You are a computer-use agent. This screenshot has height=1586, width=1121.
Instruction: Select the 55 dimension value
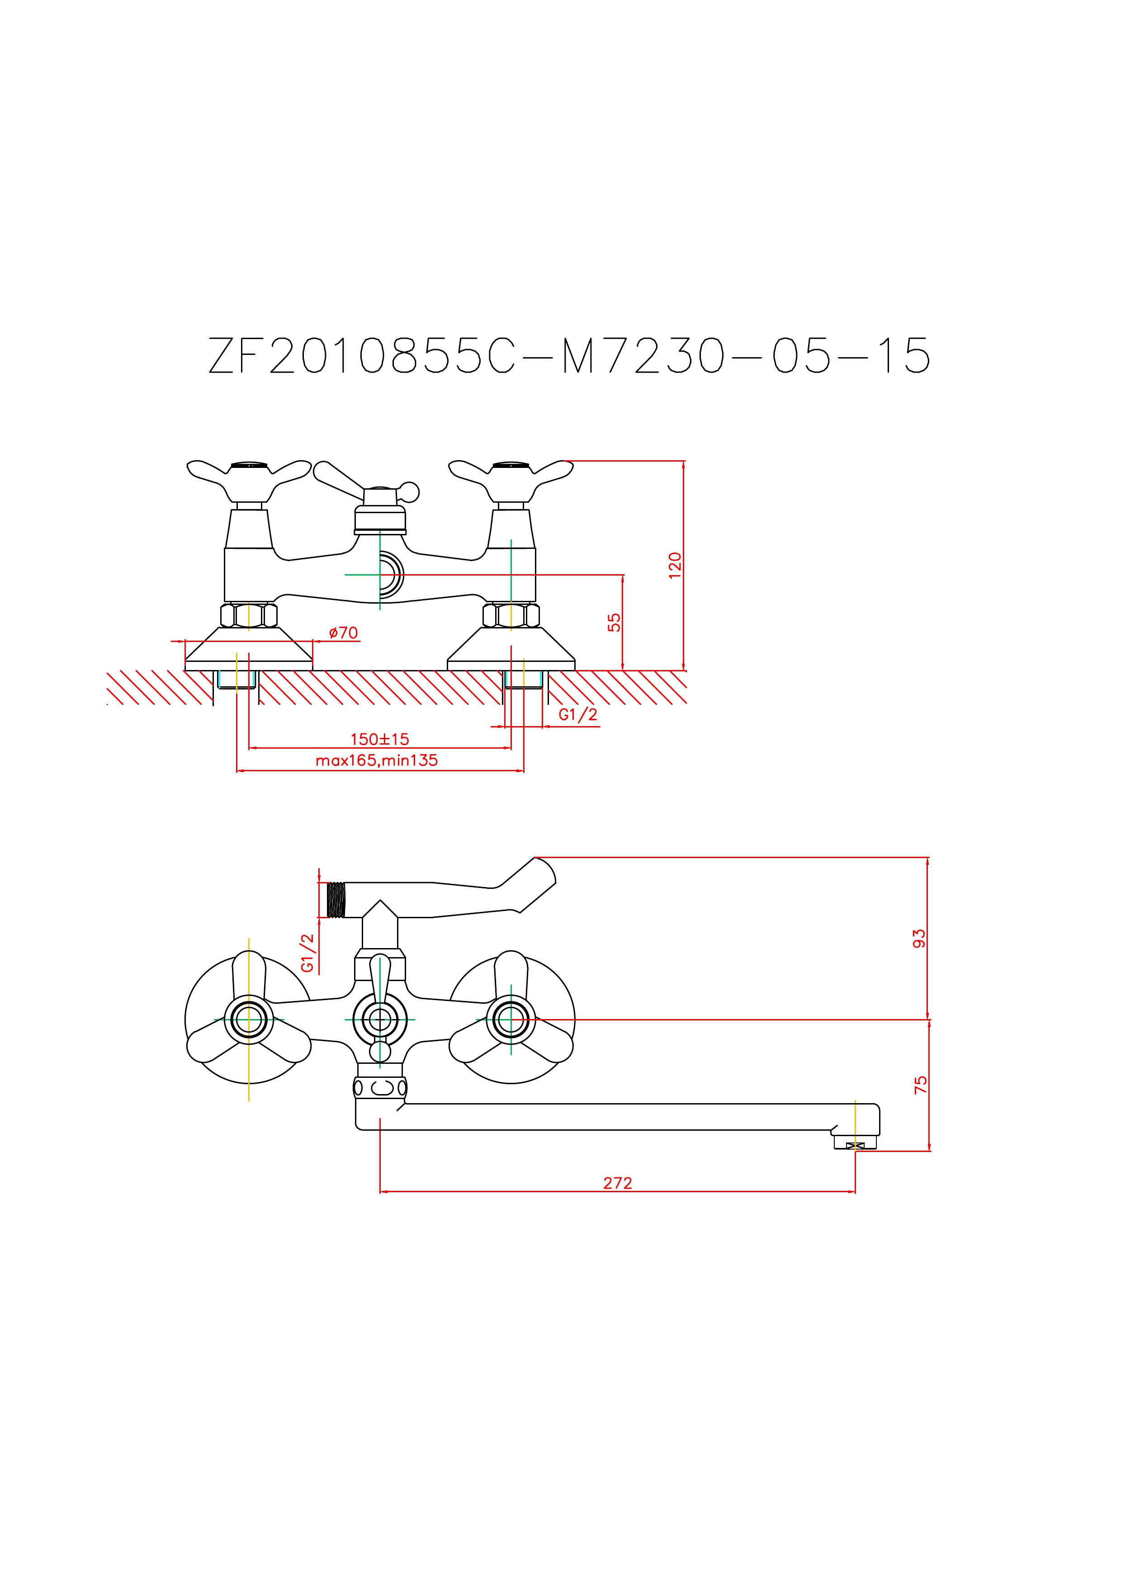click(615, 623)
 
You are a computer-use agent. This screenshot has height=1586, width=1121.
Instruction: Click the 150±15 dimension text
click(380, 739)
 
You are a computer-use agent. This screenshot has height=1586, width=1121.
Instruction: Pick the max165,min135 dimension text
click(377, 760)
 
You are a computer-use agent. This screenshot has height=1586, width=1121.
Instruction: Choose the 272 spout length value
click(618, 1183)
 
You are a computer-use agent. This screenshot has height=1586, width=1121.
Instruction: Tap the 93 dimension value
click(919, 939)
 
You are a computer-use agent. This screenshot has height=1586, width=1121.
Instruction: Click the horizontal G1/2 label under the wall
click(578, 715)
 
